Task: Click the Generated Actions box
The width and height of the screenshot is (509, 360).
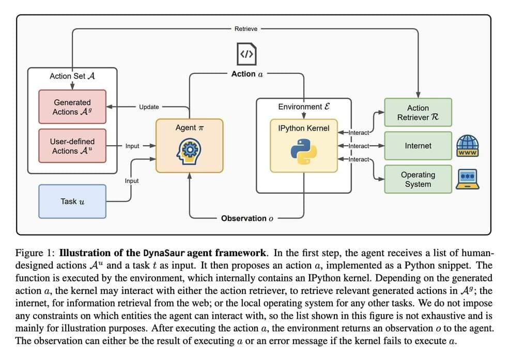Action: coord(72,107)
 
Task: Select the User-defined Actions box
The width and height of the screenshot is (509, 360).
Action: coord(72,146)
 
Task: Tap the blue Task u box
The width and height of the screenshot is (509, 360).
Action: coord(72,201)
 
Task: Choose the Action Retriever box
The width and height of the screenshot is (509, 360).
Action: coord(418,113)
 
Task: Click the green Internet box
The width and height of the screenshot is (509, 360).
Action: coord(418,146)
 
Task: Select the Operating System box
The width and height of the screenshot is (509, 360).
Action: coord(418,180)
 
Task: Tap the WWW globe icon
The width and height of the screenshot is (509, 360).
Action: coord(468,146)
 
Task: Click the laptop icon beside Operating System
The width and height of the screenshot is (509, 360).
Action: coord(468,179)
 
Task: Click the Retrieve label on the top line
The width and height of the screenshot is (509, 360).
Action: coord(246,29)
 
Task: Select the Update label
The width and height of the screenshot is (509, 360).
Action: coord(149,107)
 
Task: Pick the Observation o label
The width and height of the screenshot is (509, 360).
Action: coord(247,218)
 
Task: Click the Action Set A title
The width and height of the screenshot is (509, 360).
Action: coord(72,76)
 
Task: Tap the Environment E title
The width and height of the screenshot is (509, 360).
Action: coord(303,107)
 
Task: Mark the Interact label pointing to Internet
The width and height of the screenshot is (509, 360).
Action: coord(359,146)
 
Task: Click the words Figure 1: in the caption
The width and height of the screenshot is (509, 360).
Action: coord(36,253)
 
